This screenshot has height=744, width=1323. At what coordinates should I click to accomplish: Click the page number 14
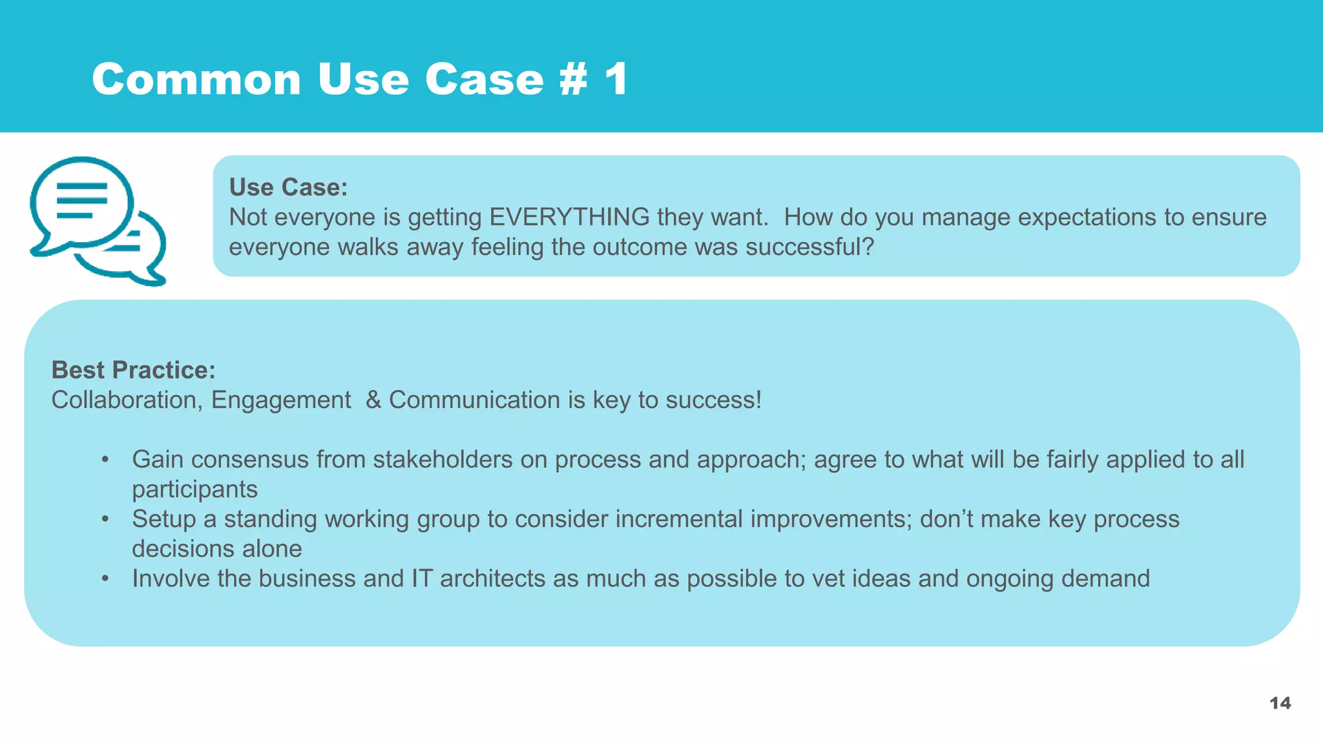[1280, 703]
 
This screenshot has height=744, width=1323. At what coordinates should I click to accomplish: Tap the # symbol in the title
[573, 79]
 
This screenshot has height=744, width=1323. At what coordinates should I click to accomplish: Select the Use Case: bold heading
[288, 187]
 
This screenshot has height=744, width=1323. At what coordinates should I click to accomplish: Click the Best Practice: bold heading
[133, 370]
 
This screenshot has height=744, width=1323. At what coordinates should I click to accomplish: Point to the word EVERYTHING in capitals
[569, 217]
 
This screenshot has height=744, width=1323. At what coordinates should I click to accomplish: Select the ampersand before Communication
[373, 400]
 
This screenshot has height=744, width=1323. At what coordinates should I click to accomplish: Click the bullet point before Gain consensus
[105, 460]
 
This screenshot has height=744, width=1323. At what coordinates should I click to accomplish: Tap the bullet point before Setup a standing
[105, 519]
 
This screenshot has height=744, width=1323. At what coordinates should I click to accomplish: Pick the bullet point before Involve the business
[105, 579]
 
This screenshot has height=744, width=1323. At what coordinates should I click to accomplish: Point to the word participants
[194, 490]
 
